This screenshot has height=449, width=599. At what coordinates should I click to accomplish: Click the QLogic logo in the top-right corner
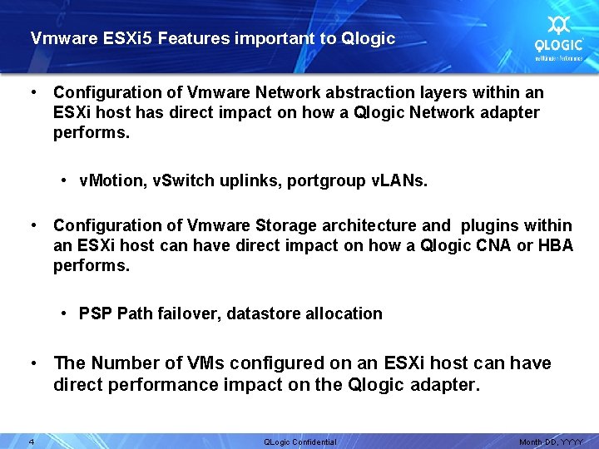pyautogui.click(x=558, y=37)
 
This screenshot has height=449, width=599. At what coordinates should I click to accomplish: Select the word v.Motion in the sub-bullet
pyautogui.click(x=112, y=180)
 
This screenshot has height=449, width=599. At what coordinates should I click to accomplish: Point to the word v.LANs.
pyautogui.click(x=398, y=180)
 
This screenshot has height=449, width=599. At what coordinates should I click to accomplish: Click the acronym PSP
pyautogui.click(x=96, y=313)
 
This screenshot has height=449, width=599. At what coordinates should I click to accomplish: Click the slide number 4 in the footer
pyautogui.click(x=31, y=441)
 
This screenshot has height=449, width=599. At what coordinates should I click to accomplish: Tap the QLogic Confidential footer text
pyautogui.click(x=299, y=442)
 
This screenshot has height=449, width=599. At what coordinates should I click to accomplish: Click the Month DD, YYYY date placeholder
pyautogui.click(x=552, y=442)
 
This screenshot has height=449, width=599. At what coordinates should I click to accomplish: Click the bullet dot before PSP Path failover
pyautogui.click(x=64, y=313)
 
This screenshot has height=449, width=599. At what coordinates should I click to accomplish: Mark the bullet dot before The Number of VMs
pyautogui.click(x=34, y=363)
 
